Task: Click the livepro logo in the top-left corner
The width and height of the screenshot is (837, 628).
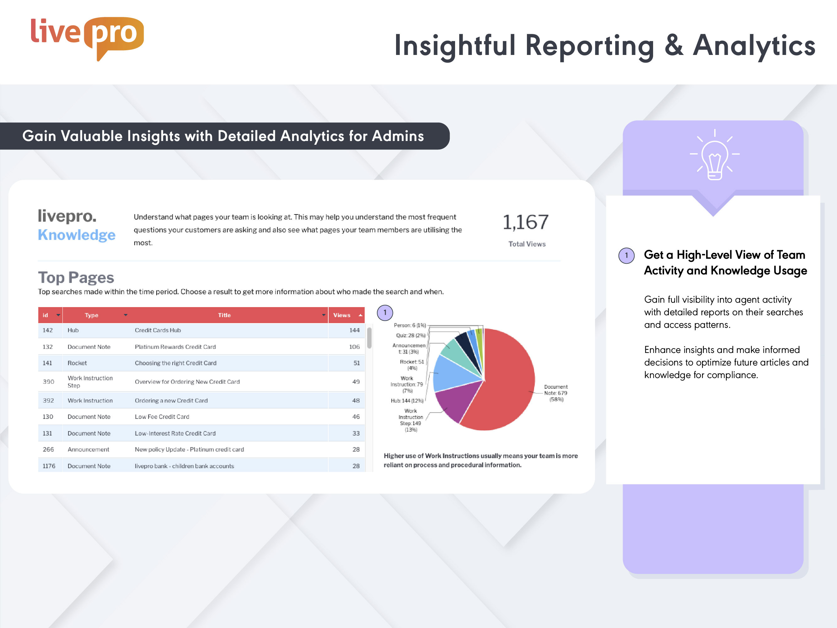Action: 87,38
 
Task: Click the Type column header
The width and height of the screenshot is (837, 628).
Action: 92,315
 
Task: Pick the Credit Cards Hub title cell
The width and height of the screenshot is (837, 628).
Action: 158,330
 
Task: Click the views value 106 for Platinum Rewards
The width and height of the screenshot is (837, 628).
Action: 354,347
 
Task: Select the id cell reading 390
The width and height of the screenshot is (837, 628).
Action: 48,382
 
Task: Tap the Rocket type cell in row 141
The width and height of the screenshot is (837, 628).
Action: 77,363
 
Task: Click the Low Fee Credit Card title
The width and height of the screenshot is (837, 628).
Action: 162,417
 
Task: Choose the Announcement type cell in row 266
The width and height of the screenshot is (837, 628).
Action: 88,449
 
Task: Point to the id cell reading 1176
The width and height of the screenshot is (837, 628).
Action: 49,466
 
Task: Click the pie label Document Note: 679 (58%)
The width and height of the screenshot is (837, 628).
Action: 555,393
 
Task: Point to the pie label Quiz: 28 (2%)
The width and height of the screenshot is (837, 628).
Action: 410,335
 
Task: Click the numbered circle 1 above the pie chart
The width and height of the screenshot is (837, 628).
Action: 385,313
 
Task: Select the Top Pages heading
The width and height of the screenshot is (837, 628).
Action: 76,278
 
